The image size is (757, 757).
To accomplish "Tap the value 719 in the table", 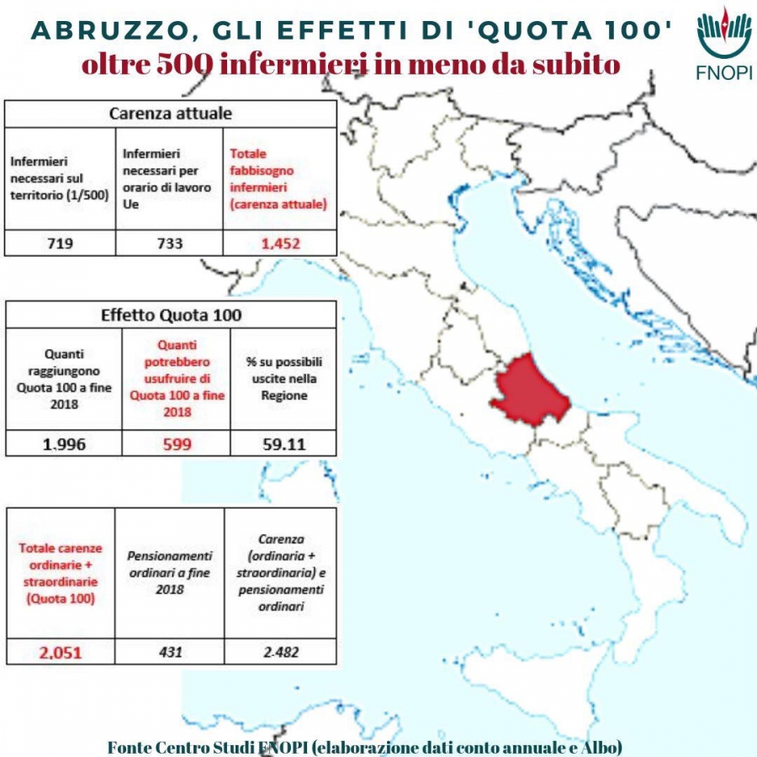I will tap(59, 244).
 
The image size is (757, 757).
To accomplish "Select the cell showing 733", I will tap(168, 244).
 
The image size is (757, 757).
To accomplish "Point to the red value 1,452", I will tap(280, 244).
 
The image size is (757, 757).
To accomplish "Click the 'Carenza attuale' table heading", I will tap(171, 114).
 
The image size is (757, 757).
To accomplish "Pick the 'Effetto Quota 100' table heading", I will tap(171, 315).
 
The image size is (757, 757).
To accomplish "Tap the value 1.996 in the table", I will tap(64, 443).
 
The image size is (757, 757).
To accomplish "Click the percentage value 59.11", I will tap(283, 443).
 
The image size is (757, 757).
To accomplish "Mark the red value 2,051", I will tap(60, 651).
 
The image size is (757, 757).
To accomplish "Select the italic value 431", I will tap(169, 651).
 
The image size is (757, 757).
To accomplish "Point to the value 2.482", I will tap(281, 651).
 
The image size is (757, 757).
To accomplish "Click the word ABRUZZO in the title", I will tap(97, 30).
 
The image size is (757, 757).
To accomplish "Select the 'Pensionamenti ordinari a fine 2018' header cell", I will tap(169, 573).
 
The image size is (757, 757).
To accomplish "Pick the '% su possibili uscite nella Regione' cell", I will tap(283, 378).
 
